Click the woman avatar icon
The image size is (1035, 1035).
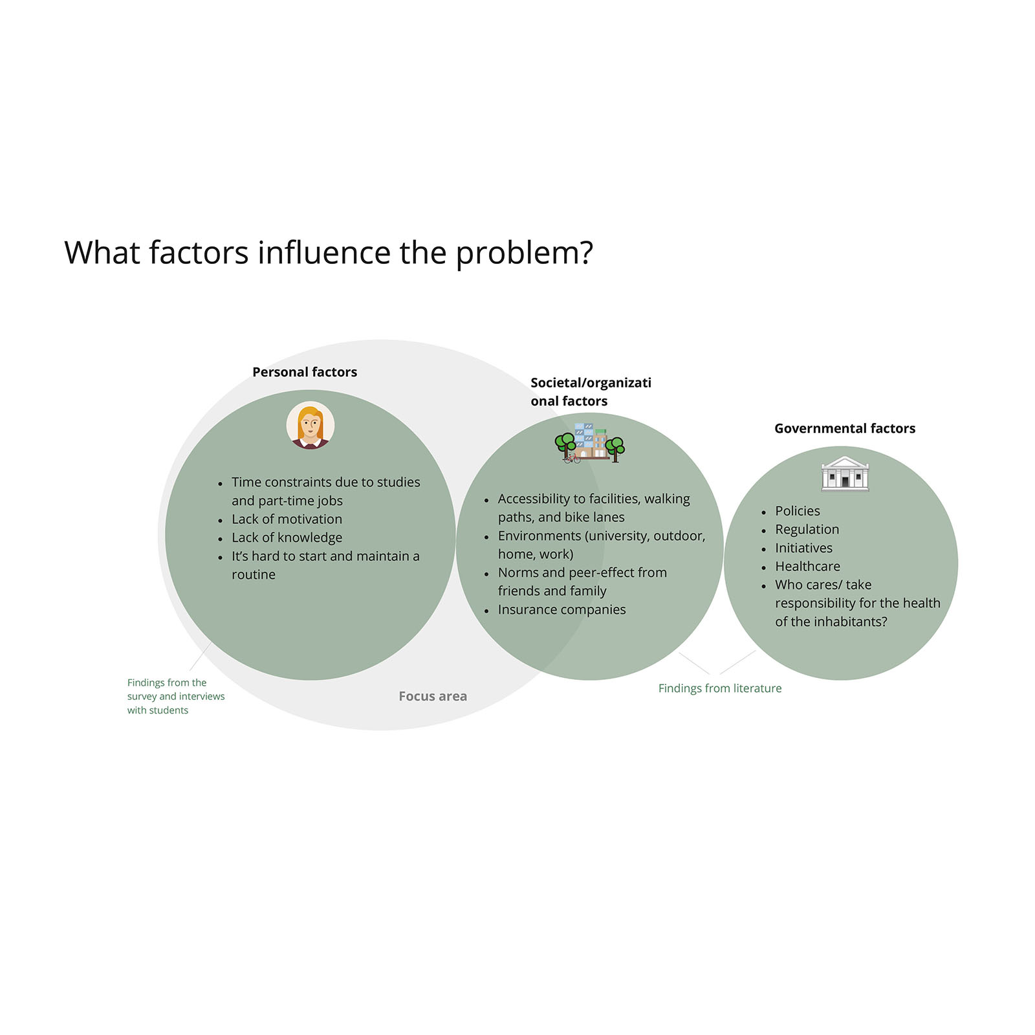pyautogui.click(x=310, y=426)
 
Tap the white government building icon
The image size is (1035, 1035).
pyautogui.click(x=845, y=474)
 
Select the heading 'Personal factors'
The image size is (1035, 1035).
pyautogui.click(x=305, y=372)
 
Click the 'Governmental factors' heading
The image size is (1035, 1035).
pyautogui.click(x=845, y=428)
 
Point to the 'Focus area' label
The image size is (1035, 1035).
pyautogui.click(x=433, y=696)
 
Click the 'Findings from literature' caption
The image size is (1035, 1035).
pyautogui.click(x=720, y=688)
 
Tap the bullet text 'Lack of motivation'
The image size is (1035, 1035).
pyautogui.click(x=287, y=519)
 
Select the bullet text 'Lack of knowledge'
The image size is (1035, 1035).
pyautogui.click(x=287, y=538)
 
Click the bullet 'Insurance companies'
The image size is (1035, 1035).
pyautogui.click(x=561, y=609)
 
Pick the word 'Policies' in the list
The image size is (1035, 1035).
pyautogui.click(x=798, y=511)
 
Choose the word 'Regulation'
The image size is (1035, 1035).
pyautogui.click(x=807, y=530)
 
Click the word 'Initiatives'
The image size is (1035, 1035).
pyautogui.click(x=803, y=548)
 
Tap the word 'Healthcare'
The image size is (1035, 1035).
pyautogui.click(x=807, y=566)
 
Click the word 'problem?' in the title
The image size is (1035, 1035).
pyautogui.click(x=525, y=254)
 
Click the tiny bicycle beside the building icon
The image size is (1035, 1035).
pyautogui.click(x=572, y=458)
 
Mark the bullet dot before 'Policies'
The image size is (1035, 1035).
pyautogui.click(x=763, y=512)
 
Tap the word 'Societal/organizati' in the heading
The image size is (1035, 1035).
pyautogui.click(x=591, y=382)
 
